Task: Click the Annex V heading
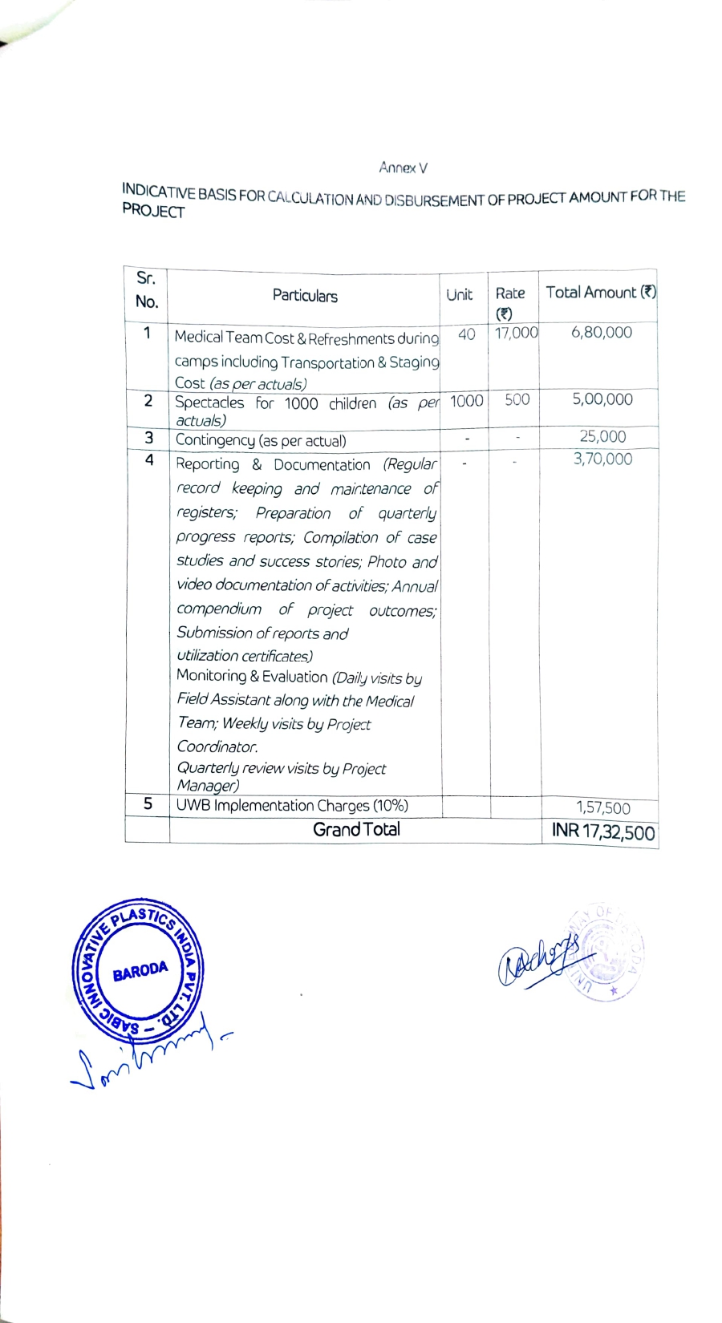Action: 403,168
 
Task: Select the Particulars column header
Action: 305,296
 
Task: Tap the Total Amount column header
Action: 600,293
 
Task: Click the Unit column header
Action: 459,295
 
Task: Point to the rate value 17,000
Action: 516,333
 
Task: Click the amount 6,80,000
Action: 602,332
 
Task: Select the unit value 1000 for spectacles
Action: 466,400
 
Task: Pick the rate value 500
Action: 517,399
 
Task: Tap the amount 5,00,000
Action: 602,399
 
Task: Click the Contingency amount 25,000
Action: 602,437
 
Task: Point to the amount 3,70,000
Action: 602,459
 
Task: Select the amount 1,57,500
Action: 603,808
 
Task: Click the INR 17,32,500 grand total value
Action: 603,831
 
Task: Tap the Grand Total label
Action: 356,829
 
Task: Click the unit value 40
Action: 466,334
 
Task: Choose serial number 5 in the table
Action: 148,803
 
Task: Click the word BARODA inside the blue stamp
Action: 140,972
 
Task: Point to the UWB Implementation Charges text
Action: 292,805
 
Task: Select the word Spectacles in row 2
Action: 209,403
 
